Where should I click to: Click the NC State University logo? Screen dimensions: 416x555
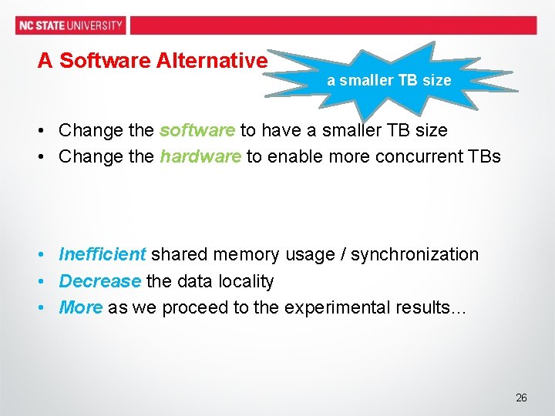(x=70, y=25)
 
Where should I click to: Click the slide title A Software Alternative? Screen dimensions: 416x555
(x=153, y=61)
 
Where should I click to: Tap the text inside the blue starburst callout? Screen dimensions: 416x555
(x=388, y=80)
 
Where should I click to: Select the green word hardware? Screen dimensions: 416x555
(x=200, y=156)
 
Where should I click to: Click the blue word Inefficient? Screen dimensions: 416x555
(x=103, y=254)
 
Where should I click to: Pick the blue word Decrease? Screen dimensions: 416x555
(x=100, y=281)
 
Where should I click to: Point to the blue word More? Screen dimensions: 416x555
(x=81, y=307)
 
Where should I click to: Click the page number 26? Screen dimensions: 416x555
(x=521, y=398)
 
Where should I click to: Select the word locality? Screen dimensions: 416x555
(x=246, y=281)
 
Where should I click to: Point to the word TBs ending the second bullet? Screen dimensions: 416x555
(x=483, y=156)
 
